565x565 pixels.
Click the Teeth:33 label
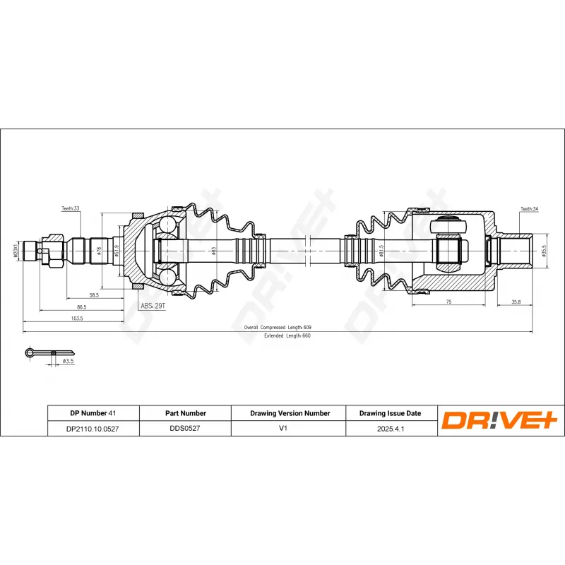[71, 209]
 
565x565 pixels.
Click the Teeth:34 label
[529, 209]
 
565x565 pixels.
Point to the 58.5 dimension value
[94, 295]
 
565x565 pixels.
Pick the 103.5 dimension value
[77, 319]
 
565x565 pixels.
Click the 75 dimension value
[448, 302]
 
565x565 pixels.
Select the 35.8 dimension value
[516, 302]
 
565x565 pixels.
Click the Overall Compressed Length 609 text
[278, 328]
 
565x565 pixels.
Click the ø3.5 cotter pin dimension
[69, 361]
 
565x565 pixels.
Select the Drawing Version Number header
[290, 413]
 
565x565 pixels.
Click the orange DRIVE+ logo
[500, 420]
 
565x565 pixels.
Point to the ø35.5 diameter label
[544, 251]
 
